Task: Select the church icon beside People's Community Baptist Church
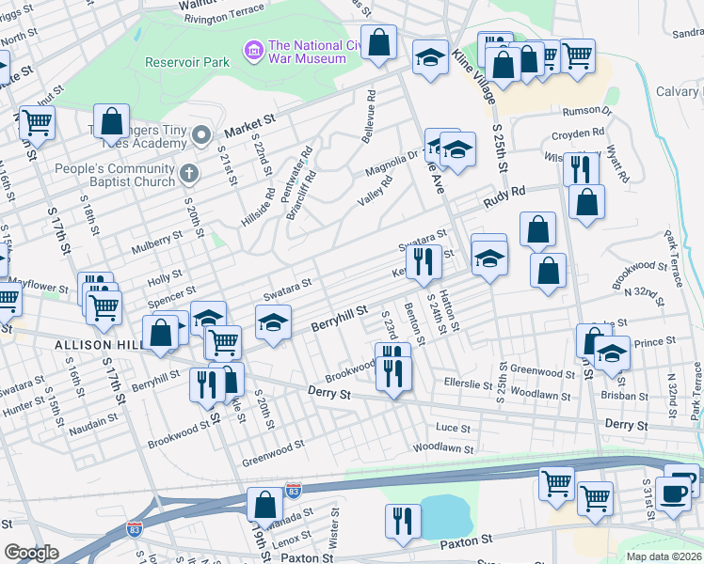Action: click(x=189, y=173)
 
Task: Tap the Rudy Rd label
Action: click(x=504, y=196)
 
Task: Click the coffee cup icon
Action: click(x=673, y=492)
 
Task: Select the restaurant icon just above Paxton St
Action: click(x=403, y=520)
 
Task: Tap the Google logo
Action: click(x=31, y=553)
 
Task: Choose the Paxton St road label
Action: click(x=467, y=541)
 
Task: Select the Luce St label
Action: click(x=453, y=428)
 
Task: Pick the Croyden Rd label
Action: click(x=578, y=133)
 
